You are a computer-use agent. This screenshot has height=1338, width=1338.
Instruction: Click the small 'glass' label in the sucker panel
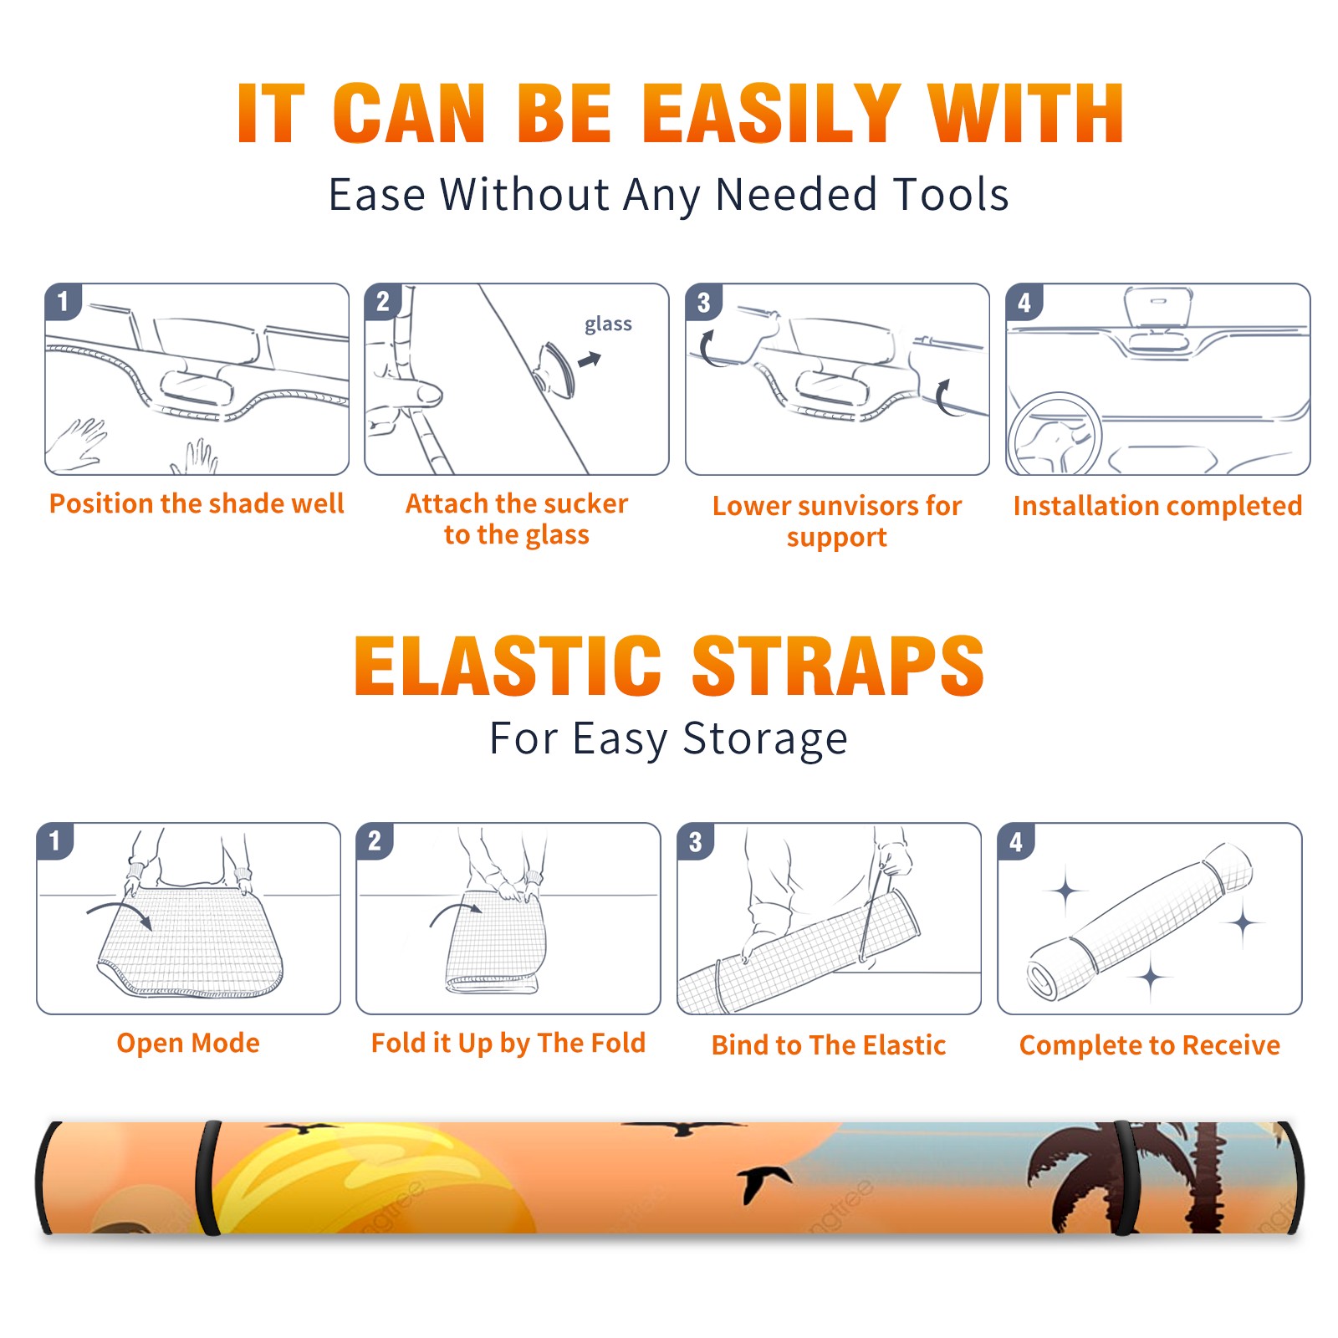coord(608,324)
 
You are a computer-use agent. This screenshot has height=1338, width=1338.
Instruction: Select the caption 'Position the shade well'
coord(197,503)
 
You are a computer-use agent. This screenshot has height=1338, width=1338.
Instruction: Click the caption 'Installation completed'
coord(1157,505)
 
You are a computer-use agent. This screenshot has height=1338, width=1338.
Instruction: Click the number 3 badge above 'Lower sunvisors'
coord(704,303)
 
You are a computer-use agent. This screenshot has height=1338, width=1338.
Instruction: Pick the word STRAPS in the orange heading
coord(838,666)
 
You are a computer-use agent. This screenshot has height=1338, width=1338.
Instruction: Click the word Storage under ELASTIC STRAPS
coord(765,739)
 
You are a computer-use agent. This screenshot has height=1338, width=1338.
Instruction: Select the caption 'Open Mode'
coord(188,1043)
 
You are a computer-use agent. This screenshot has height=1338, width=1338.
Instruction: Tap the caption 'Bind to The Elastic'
coord(828,1045)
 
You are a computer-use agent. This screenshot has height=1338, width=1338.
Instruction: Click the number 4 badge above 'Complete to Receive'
coord(1016,841)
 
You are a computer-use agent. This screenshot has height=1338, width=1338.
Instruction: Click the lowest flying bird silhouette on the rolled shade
coord(763,1181)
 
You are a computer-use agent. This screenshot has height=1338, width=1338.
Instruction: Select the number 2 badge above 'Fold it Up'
coord(375,841)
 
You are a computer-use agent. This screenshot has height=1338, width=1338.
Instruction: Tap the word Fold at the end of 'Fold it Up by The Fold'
coord(617,1043)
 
